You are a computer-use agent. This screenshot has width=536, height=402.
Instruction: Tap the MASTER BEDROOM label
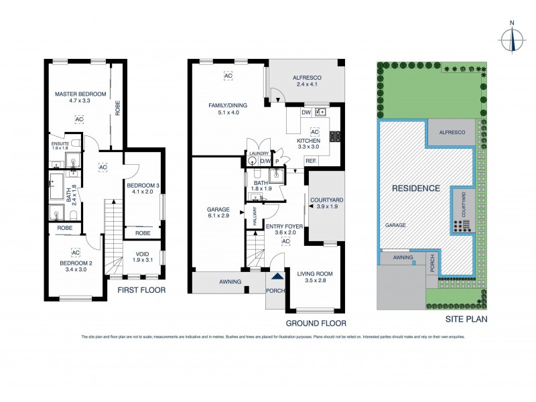click(80, 94)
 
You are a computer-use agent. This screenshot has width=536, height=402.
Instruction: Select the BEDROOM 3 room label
click(143, 185)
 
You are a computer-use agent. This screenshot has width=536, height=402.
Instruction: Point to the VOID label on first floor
click(143, 255)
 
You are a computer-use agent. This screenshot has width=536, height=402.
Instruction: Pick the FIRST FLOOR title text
click(141, 290)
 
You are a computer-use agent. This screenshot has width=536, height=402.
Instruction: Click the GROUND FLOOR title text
click(320, 323)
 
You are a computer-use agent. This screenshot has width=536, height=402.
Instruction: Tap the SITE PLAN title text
click(466, 320)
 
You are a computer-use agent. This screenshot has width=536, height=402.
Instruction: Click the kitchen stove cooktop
click(335, 136)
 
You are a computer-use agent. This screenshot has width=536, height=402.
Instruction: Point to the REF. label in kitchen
click(311, 161)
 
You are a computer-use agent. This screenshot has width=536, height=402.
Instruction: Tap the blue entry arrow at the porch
click(277, 276)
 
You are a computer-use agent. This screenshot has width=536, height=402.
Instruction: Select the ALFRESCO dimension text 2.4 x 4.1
click(308, 85)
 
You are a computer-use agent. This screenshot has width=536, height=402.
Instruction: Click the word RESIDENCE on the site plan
click(416, 188)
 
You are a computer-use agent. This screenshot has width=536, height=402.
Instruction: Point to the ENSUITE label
click(60, 143)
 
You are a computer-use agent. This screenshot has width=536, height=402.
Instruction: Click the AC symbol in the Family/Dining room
click(227, 76)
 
